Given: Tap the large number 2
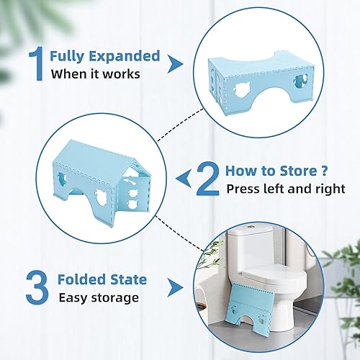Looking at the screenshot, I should click(208, 179).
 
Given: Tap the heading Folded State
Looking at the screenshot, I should click(103, 279).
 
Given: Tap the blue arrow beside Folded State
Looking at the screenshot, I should click(174, 287).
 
